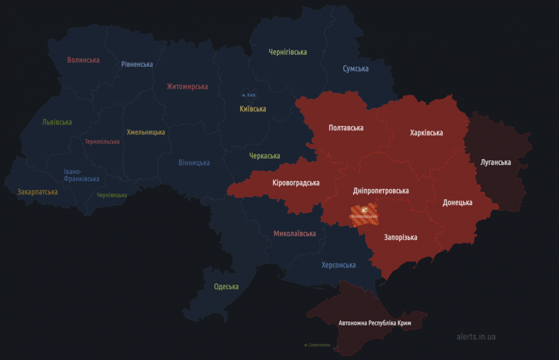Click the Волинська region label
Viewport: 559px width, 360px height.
tap(83, 60)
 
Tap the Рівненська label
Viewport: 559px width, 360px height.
tap(137, 64)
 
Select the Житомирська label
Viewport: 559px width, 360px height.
tap(187, 87)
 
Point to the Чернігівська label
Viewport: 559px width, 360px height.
tap(288, 52)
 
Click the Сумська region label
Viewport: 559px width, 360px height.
tap(355, 69)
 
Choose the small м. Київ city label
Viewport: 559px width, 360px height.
tap(249, 95)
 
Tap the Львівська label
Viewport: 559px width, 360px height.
tap(57, 122)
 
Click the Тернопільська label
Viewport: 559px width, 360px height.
tap(102, 142)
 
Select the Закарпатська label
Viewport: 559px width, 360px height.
tap(38, 192)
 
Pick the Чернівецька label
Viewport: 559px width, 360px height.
tap(112, 195)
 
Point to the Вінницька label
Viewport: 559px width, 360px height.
tap(194, 163)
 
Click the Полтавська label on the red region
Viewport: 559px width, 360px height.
tap(346, 128)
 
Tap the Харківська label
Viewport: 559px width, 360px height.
tap(426, 133)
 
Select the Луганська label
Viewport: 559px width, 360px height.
tap(496, 163)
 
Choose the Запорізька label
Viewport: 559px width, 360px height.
tap(401, 238)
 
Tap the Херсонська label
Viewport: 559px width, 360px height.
tap(338, 265)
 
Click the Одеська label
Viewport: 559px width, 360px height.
tap(226, 286)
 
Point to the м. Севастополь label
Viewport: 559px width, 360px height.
tap(317, 345)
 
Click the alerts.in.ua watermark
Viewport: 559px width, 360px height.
tap(476, 336)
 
